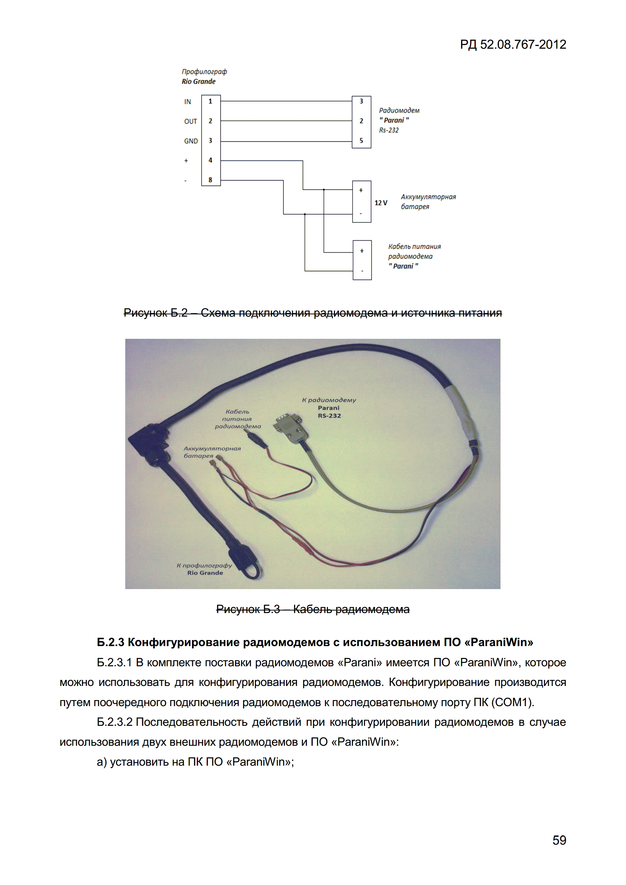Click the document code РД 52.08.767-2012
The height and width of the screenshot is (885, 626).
[x=513, y=45]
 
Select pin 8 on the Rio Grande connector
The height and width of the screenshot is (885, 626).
[x=210, y=180]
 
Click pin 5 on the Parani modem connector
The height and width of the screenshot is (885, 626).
[x=361, y=141]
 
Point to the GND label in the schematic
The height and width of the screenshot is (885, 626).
[x=191, y=141]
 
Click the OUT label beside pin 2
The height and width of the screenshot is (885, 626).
[x=191, y=121]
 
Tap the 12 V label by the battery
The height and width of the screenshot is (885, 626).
[x=381, y=203]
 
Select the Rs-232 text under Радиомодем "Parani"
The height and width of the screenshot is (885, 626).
[x=389, y=130]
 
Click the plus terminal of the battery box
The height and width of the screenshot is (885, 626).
[x=361, y=190]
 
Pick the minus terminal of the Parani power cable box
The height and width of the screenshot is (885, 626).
[x=362, y=271]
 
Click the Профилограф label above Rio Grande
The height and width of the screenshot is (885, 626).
[x=204, y=72]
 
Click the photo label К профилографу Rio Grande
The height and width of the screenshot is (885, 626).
[x=204, y=569]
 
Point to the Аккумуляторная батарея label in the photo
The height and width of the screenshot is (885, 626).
[x=212, y=452]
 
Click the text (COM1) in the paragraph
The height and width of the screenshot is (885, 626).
[x=513, y=702]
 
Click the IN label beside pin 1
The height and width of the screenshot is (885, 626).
[x=188, y=102]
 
